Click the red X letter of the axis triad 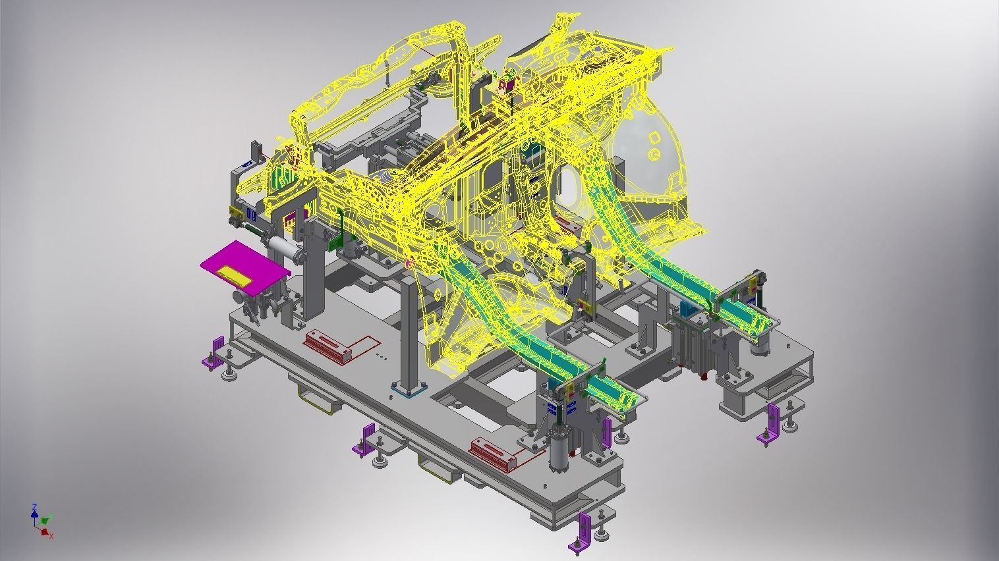(x=51, y=536)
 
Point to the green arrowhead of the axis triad (x=50, y=517)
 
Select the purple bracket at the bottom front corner (x=583, y=530)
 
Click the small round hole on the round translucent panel (x=652, y=155)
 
